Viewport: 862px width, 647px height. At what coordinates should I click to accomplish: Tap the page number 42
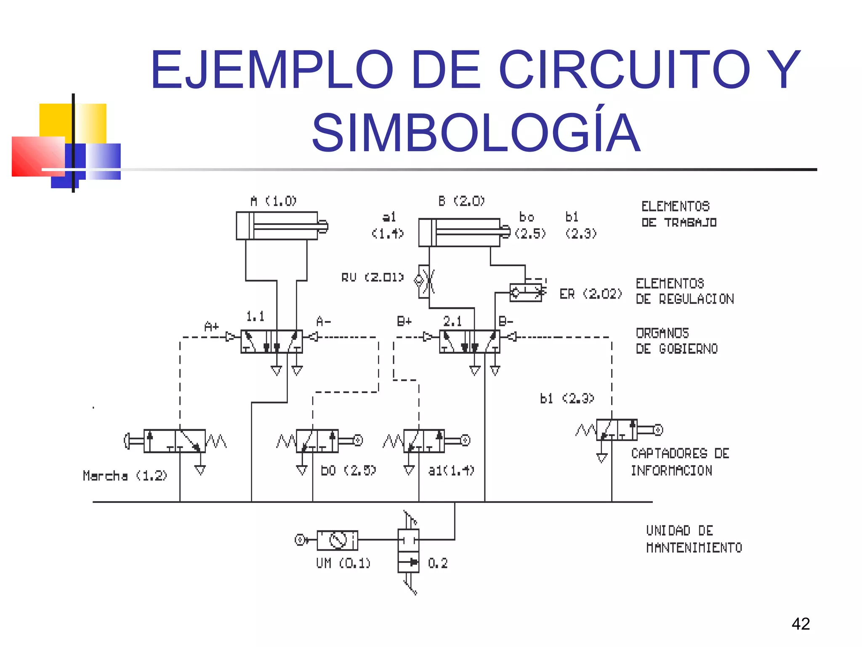pyautogui.click(x=801, y=624)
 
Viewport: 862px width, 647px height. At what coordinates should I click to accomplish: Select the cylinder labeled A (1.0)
pyautogui.click(x=278, y=226)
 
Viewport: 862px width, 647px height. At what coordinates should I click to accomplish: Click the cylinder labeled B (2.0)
pyautogui.click(x=460, y=232)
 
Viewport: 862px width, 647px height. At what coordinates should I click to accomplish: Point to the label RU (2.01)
pyautogui.click(x=372, y=278)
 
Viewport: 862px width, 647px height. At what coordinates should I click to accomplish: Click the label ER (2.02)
pyautogui.click(x=591, y=294)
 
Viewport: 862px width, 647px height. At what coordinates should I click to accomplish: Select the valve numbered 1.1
pyautogui.click(x=271, y=341)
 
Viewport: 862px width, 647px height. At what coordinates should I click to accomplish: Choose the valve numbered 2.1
pyautogui.click(x=470, y=341)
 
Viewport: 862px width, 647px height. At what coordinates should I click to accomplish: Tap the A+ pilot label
pyautogui.click(x=212, y=326)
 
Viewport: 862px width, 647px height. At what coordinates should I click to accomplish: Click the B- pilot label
pyautogui.click(x=506, y=322)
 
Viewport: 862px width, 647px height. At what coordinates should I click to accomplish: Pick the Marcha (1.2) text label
pyautogui.click(x=125, y=476)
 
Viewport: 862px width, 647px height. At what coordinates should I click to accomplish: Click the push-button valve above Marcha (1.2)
pyautogui.click(x=174, y=441)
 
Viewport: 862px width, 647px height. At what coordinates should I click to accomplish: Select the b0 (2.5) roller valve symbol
pyautogui.click(x=317, y=441)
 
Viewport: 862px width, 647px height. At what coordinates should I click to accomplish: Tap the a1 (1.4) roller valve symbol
pyautogui.click(x=424, y=441)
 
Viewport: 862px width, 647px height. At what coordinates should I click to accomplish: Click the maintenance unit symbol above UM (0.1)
pyautogui.click(x=337, y=540)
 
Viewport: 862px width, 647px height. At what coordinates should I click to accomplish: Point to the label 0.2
pyautogui.click(x=438, y=563)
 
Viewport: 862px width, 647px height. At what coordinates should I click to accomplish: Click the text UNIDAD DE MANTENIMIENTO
pyautogui.click(x=694, y=539)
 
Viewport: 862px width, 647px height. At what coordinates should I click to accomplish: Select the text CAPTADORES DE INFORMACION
pyautogui.click(x=680, y=462)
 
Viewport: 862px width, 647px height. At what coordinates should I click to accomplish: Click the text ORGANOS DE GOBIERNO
pyautogui.click(x=676, y=341)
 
